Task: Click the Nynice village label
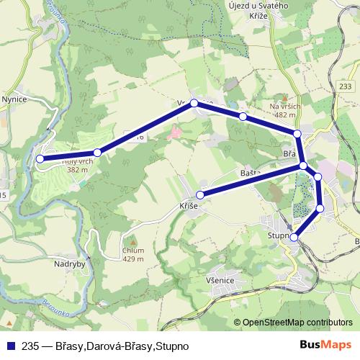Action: [x=14, y=101]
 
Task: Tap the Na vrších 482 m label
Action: [x=285, y=110]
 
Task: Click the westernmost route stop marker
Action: [x=40, y=158]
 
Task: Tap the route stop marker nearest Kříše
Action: [x=202, y=194]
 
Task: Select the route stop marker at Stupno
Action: [x=294, y=236]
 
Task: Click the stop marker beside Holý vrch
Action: [x=97, y=152]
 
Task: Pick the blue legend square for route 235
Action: [x=9, y=346]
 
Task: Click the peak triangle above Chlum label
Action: [x=132, y=240]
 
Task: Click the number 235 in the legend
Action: [x=30, y=346]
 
